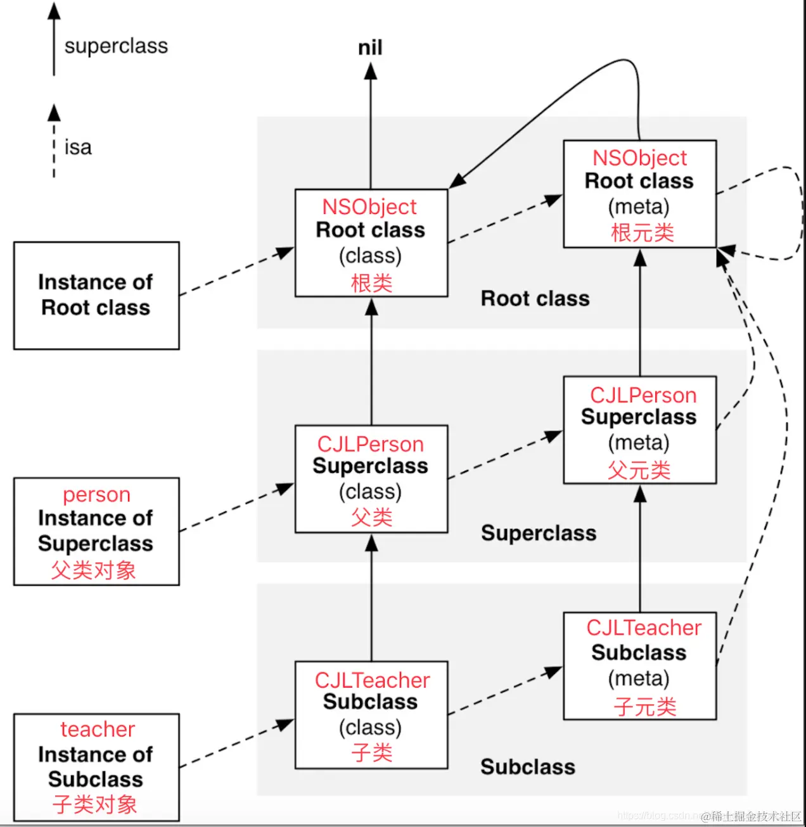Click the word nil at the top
[x=370, y=47]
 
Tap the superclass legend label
[x=116, y=46]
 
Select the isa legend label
[x=78, y=147]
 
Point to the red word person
[x=96, y=495]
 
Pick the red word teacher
[x=98, y=729]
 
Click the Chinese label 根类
[x=371, y=283]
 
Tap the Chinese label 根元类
[x=643, y=233]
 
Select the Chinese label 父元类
[x=639, y=470]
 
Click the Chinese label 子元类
[x=645, y=707]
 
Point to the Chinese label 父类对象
[x=93, y=571]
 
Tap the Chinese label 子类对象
[x=94, y=804]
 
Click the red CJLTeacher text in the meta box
[x=644, y=628]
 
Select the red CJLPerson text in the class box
[x=371, y=445]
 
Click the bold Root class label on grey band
[x=535, y=298]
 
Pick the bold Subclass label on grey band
[x=528, y=767]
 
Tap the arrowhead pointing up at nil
[x=371, y=71]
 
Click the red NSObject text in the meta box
[x=640, y=158]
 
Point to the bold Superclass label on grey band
[x=539, y=533]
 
